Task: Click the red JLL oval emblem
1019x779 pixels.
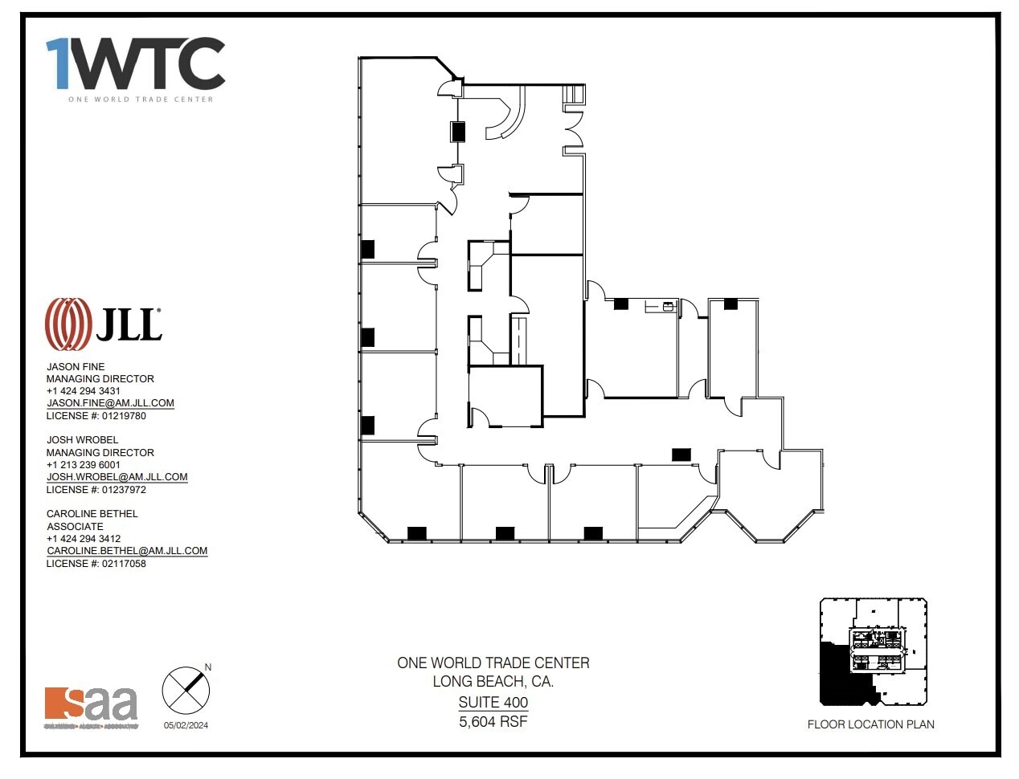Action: click(x=68, y=324)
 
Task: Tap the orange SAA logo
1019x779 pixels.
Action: click(x=91, y=705)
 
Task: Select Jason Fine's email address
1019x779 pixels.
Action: click(x=110, y=403)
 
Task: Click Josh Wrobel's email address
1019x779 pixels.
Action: click(x=117, y=477)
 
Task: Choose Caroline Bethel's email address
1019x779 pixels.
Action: click(x=127, y=551)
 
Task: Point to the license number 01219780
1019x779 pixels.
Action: click(x=96, y=416)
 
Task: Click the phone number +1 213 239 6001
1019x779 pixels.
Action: click(x=84, y=465)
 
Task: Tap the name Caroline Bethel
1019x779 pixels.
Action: click(x=92, y=514)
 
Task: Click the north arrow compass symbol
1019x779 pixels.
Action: click(x=186, y=690)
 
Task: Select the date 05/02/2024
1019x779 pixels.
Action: click(x=186, y=725)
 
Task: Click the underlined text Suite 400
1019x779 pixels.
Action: click(x=493, y=702)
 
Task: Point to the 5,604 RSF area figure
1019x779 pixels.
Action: click(x=493, y=721)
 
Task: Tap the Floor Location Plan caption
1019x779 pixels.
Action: click(x=870, y=724)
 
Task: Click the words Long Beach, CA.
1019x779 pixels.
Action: click(x=493, y=682)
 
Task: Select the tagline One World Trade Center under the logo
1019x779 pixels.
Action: click(x=141, y=100)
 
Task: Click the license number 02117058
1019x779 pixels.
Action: click(x=96, y=564)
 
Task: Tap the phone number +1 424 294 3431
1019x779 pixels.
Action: click(x=84, y=391)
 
